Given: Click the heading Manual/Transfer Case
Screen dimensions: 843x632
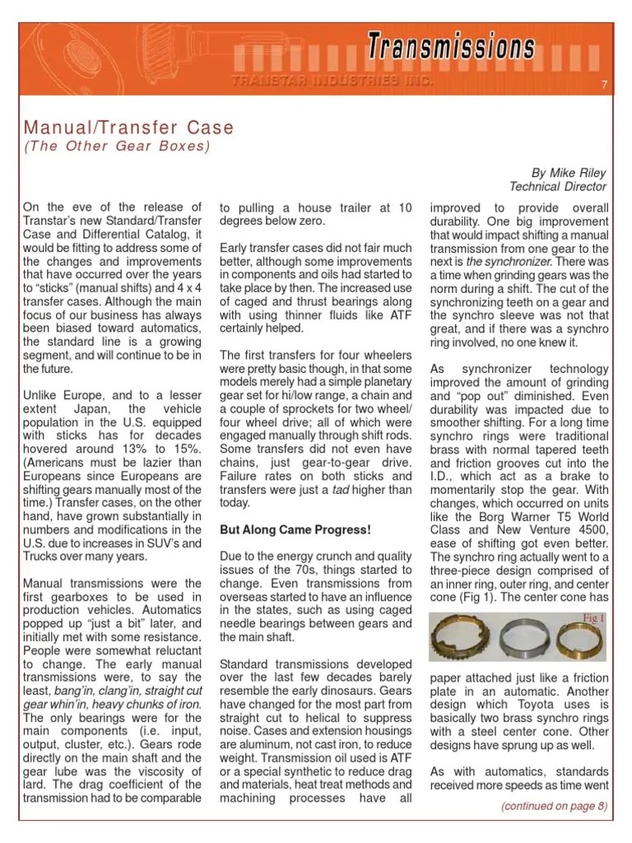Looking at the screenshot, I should point(128,128).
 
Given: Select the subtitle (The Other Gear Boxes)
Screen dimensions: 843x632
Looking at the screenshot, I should point(116,147).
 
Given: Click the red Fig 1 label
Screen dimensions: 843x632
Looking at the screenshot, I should point(594,617).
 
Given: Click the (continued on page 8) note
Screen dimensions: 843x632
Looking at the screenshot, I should point(554,806).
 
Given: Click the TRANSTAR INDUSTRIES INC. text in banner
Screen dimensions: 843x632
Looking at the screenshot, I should point(330,81).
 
